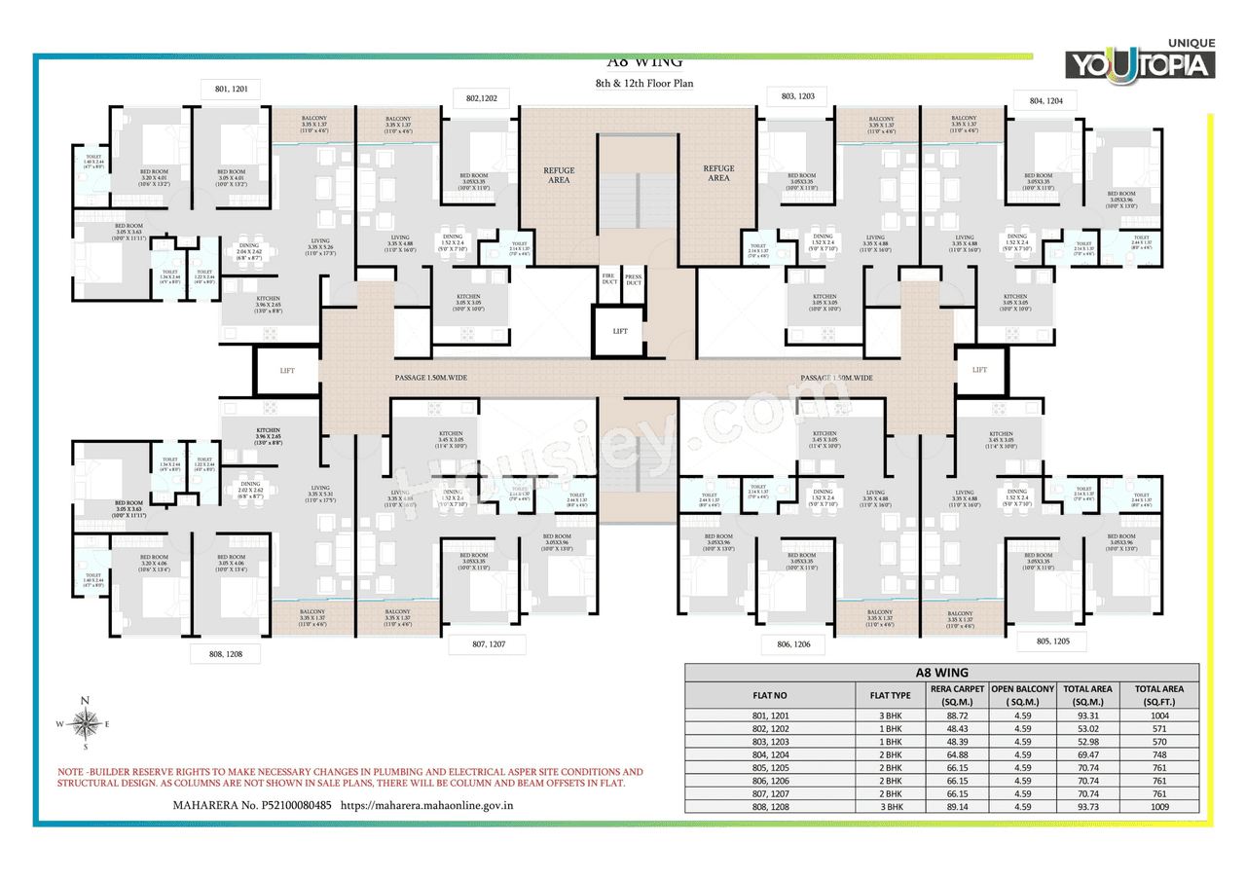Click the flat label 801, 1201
point(231,89)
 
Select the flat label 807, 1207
point(487,643)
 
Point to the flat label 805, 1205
point(1053,642)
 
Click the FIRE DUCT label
point(608,279)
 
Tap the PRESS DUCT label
point(633,279)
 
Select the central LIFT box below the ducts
point(620,331)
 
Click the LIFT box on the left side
point(287,371)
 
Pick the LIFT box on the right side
point(979,370)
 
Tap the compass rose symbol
point(86,723)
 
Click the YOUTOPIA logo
point(1141,63)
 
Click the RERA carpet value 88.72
point(958,715)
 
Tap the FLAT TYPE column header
point(890,695)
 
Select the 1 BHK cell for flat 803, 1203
point(890,741)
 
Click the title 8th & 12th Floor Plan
point(644,84)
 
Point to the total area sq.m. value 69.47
point(1087,754)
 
